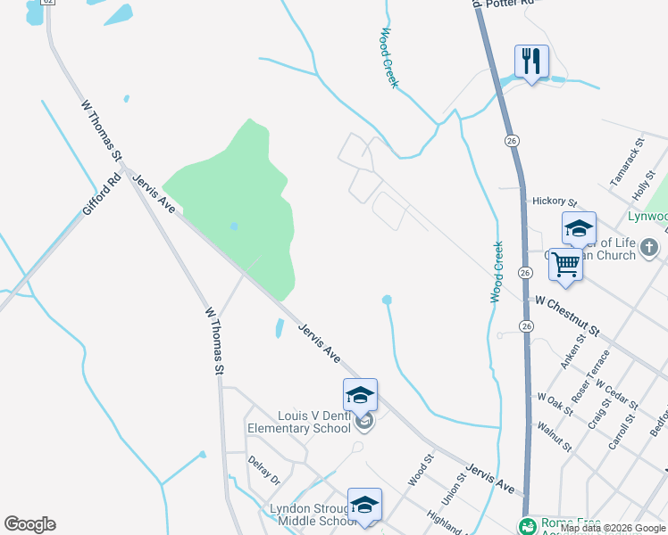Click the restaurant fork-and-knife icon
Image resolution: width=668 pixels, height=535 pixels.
[x=531, y=61]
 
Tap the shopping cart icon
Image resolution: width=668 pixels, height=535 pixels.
[x=564, y=263]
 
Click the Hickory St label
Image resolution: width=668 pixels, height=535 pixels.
[x=555, y=202]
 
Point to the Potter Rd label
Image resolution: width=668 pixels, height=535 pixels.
[x=507, y=4]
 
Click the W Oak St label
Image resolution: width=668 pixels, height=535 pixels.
[x=554, y=402]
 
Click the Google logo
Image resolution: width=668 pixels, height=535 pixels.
[x=29, y=524]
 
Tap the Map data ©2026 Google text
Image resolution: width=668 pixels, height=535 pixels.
[x=613, y=528]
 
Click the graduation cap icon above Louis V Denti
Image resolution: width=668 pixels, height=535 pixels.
[x=360, y=394]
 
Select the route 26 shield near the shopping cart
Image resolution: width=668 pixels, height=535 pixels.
[x=525, y=272]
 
